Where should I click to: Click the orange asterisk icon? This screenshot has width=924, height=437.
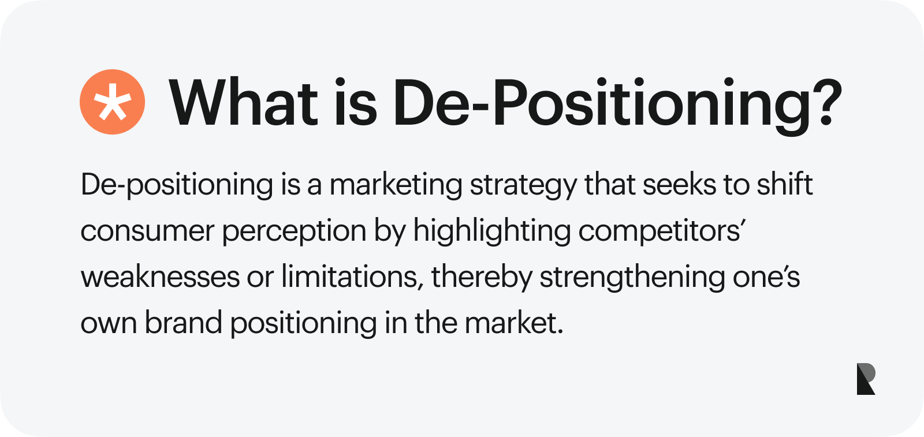point(112,102)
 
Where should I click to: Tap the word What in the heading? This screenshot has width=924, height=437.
point(243,102)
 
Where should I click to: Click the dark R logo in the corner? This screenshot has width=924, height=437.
point(866,379)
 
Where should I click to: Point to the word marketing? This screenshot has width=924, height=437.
point(396,185)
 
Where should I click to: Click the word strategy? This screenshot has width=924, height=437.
point(523,185)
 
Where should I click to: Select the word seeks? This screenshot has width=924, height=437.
point(679,184)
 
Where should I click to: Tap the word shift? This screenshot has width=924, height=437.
point(785,184)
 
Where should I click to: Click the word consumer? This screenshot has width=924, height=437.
point(147,231)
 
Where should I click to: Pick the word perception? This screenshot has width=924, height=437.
point(294,231)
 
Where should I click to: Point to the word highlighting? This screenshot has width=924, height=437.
point(492,231)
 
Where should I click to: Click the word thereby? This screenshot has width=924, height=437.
point(482,278)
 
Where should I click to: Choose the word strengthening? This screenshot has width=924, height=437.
point(632,278)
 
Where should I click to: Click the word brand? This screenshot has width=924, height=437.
point(183,322)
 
